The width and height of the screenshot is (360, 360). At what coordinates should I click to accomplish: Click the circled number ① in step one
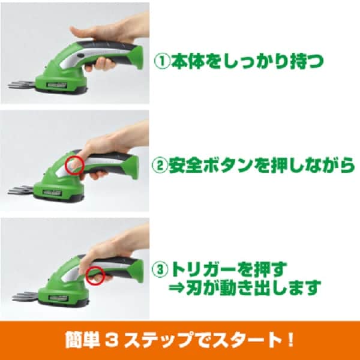[162, 61]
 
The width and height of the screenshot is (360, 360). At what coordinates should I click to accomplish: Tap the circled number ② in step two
[160, 165]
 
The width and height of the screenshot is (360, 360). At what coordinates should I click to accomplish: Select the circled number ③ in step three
[160, 270]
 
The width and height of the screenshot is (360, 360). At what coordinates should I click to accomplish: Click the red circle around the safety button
[74, 165]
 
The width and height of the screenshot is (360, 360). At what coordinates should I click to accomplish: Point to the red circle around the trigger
[95, 275]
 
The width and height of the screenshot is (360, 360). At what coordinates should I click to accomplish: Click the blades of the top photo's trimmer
[22, 85]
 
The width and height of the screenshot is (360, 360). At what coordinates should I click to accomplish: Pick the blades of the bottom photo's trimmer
[25, 296]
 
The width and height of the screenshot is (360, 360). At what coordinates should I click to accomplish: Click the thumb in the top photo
[79, 31]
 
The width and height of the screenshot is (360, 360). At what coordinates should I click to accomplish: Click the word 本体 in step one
[188, 61]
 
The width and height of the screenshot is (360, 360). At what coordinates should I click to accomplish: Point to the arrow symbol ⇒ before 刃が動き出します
[177, 288]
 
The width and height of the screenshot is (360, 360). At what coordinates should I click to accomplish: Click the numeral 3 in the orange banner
[112, 340]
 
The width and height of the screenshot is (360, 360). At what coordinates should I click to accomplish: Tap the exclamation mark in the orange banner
[290, 340]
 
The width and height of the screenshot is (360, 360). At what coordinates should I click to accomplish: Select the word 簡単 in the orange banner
[83, 340]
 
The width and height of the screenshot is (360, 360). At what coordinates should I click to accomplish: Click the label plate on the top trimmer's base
[57, 85]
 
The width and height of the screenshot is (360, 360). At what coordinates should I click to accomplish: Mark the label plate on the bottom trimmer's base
[59, 298]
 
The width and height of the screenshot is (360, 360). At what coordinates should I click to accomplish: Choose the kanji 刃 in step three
[194, 287]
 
